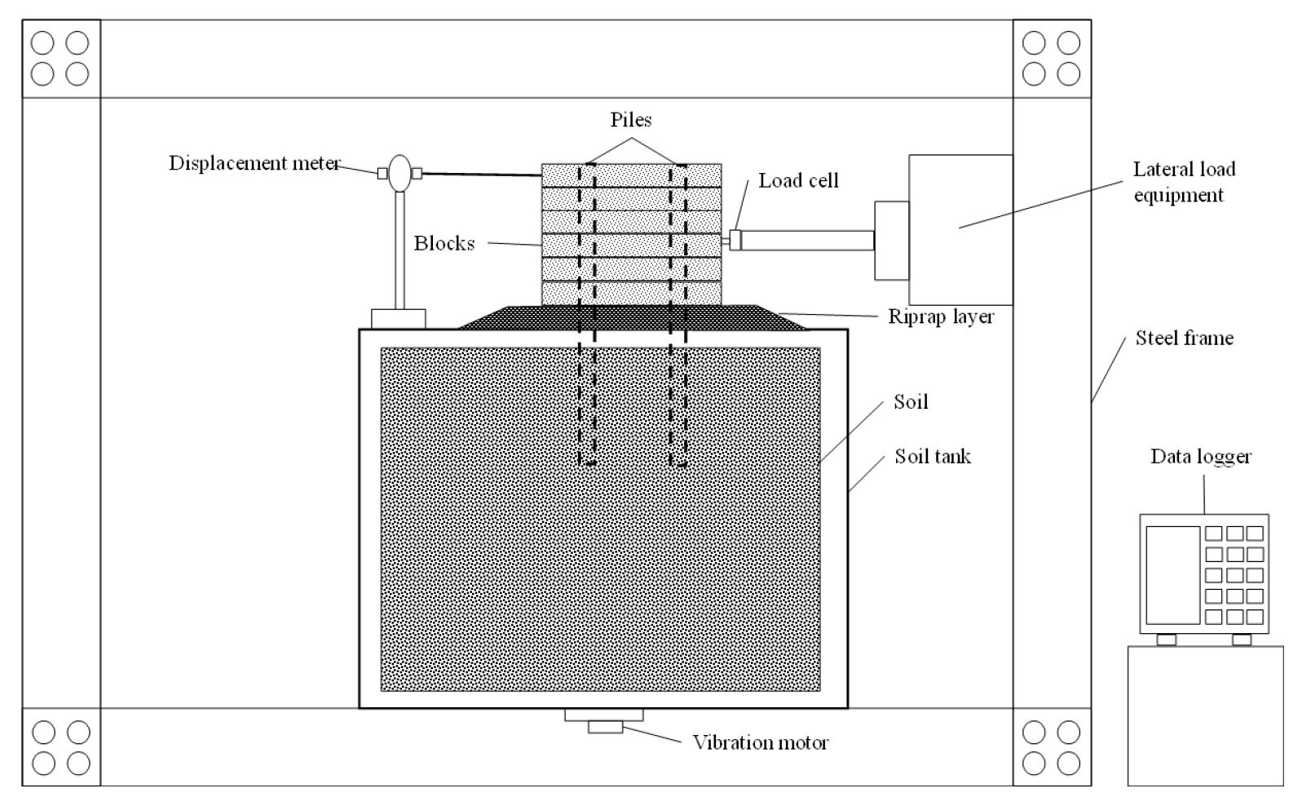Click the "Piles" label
(631, 119)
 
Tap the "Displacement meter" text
(254, 163)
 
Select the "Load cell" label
(798, 180)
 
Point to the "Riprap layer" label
(941, 317)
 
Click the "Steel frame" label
(1184, 338)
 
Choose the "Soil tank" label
(933, 456)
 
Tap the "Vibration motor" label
(760, 742)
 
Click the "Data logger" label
(1201, 457)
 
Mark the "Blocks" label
(444, 243)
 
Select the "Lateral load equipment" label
(1184, 182)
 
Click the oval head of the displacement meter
(400, 174)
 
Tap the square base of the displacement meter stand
(399, 319)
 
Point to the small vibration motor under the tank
(605, 727)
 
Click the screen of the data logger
(1173, 575)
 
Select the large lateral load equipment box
(960, 229)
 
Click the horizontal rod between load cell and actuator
(808, 241)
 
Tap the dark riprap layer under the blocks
(632, 317)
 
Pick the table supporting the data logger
(1206, 715)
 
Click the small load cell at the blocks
(735, 240)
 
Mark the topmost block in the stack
(632, 175)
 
